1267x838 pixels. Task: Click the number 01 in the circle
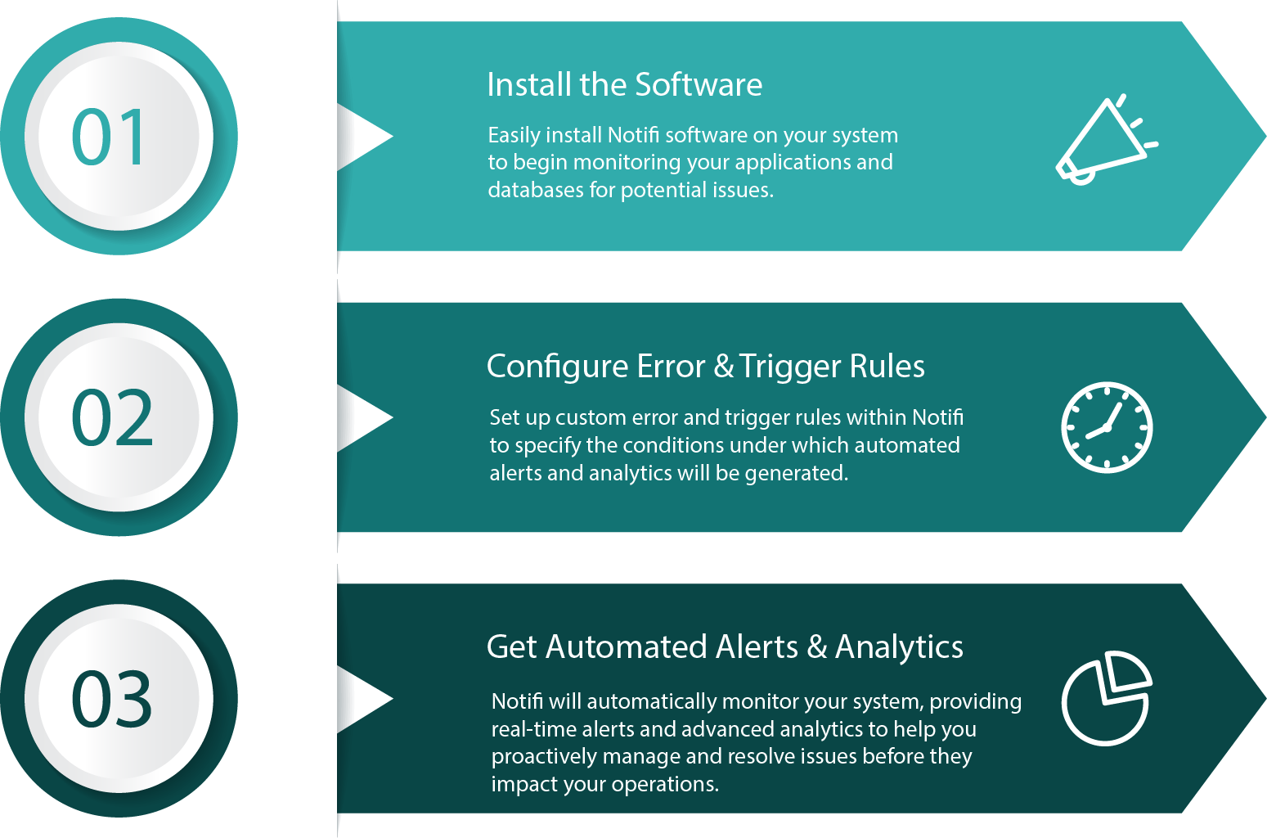(x=110, y=137)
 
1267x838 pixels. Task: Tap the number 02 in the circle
(x=112, y=418)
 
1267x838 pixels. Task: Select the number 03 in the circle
(x=112, y=700)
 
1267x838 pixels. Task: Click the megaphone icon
(x=1104, y=141)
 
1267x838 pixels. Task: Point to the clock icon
(x=1107, y=427)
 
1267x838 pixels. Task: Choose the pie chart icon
(x=1107, y=698)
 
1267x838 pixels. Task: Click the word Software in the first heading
(x=699, y=85)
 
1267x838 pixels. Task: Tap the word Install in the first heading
(x=529, y=85)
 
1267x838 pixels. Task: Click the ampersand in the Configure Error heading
(x=724, y=367)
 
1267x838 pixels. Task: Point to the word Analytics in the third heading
(x=899, y=647)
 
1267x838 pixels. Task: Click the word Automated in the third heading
(x=627, y=647)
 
